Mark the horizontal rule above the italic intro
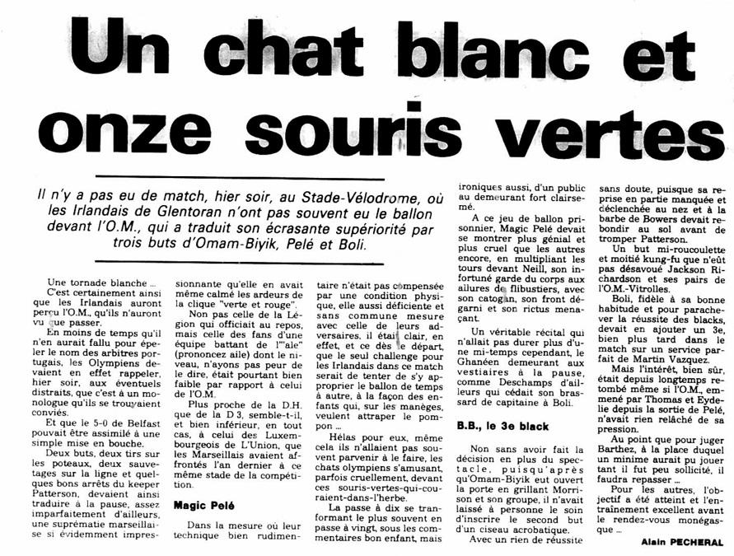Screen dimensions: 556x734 click(x=239, y=178)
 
